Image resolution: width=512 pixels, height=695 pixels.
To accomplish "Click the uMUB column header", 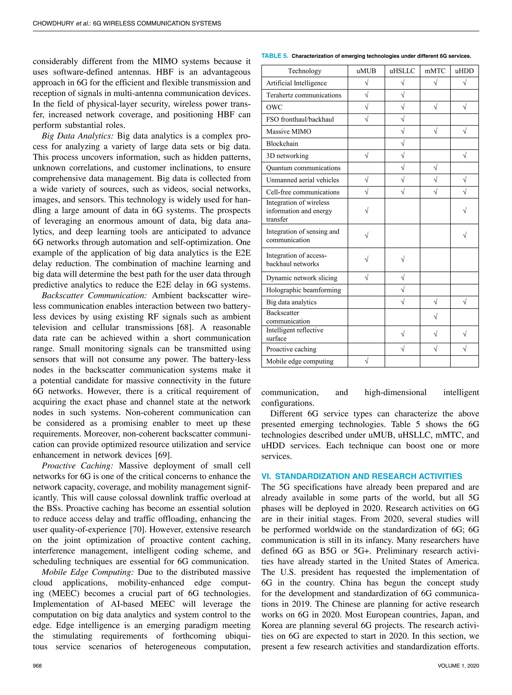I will pyautogui.click(x=366, y=71).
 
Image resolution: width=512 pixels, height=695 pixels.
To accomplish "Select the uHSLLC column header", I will pyautogui.click(x=402, y=71).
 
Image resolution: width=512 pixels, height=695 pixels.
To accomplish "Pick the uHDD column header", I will pyautogui.click(x=464, y=71).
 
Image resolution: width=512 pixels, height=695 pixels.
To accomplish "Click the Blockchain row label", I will pyautogui.click(x=282, y=144).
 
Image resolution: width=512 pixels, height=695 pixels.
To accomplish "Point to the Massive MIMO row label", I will pyautogui.click(x=288, y=132).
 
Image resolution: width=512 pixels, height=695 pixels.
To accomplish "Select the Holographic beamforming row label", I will pyautogui.click(x=303, y=290).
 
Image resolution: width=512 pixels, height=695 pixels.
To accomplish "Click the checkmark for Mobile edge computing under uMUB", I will pyautogui.click(x=366, y=361).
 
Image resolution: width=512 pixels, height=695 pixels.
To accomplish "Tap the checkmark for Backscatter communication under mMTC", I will pyautogui.click(x=435, y=317).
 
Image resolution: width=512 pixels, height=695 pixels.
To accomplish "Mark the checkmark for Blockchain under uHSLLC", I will pyautogui.click(x=402, y=144).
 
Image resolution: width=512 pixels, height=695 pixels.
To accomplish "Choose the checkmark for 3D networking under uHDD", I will pyautogui.click(x=464, y=156).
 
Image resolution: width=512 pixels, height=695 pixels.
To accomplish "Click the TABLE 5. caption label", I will pyautogui.click(x=274, y=56).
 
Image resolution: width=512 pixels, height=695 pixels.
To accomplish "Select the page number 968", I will pyautogui.click(x=37, y=665).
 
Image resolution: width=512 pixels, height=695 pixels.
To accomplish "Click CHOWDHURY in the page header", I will pyautogui.click(x=53, y=23).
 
